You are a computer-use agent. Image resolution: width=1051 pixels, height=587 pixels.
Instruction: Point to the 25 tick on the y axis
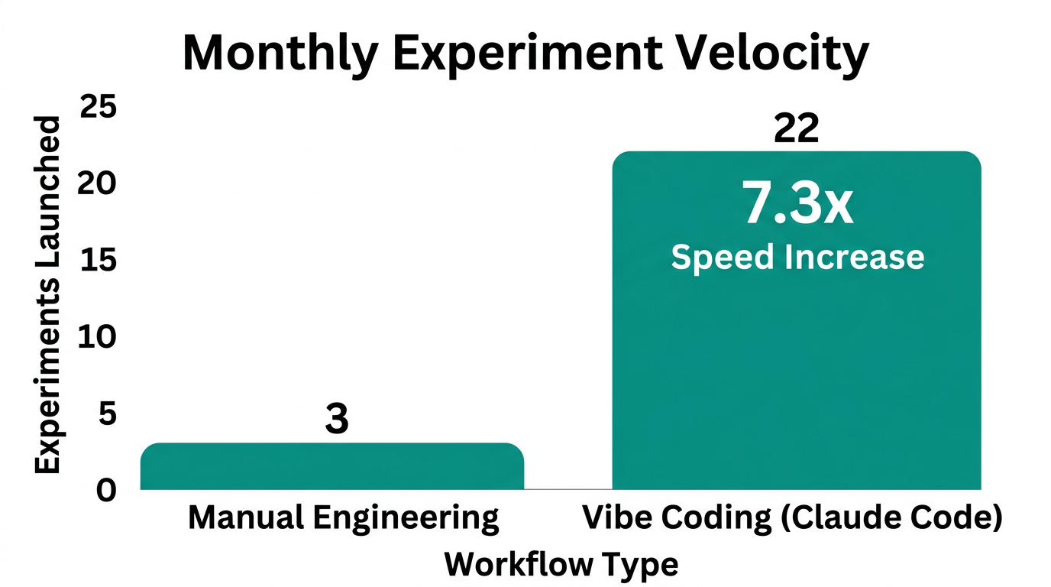(99, 107)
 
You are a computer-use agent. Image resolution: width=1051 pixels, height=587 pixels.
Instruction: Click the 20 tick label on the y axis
(99, 183)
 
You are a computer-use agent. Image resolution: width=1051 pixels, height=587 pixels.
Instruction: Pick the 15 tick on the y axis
(99, 260)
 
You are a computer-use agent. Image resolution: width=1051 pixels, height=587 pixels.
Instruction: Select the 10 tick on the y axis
(99, 336)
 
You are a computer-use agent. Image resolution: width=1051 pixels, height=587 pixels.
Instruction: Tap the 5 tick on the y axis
(108, 413)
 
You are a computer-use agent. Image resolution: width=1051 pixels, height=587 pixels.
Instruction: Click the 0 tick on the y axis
(107, 490)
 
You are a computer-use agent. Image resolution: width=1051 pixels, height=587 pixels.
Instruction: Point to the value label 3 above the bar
(336, 420)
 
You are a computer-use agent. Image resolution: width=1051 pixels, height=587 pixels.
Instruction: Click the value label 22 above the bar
(796, 128)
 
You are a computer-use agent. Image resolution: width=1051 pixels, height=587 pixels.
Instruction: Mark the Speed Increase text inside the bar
(797, 257)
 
